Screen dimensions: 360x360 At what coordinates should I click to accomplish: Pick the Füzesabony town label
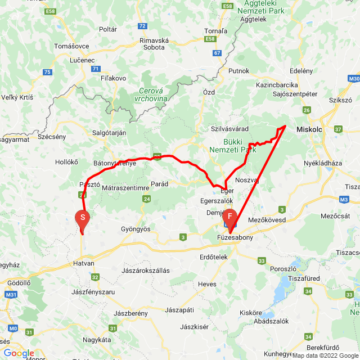coord(235,238)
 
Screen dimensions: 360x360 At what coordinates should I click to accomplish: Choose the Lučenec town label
coord(67,60)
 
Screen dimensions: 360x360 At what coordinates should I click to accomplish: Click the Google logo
coord(19,353)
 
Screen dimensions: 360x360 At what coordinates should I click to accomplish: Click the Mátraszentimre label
coord(124,187)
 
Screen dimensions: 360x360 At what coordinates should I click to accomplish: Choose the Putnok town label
coord(238,70)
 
